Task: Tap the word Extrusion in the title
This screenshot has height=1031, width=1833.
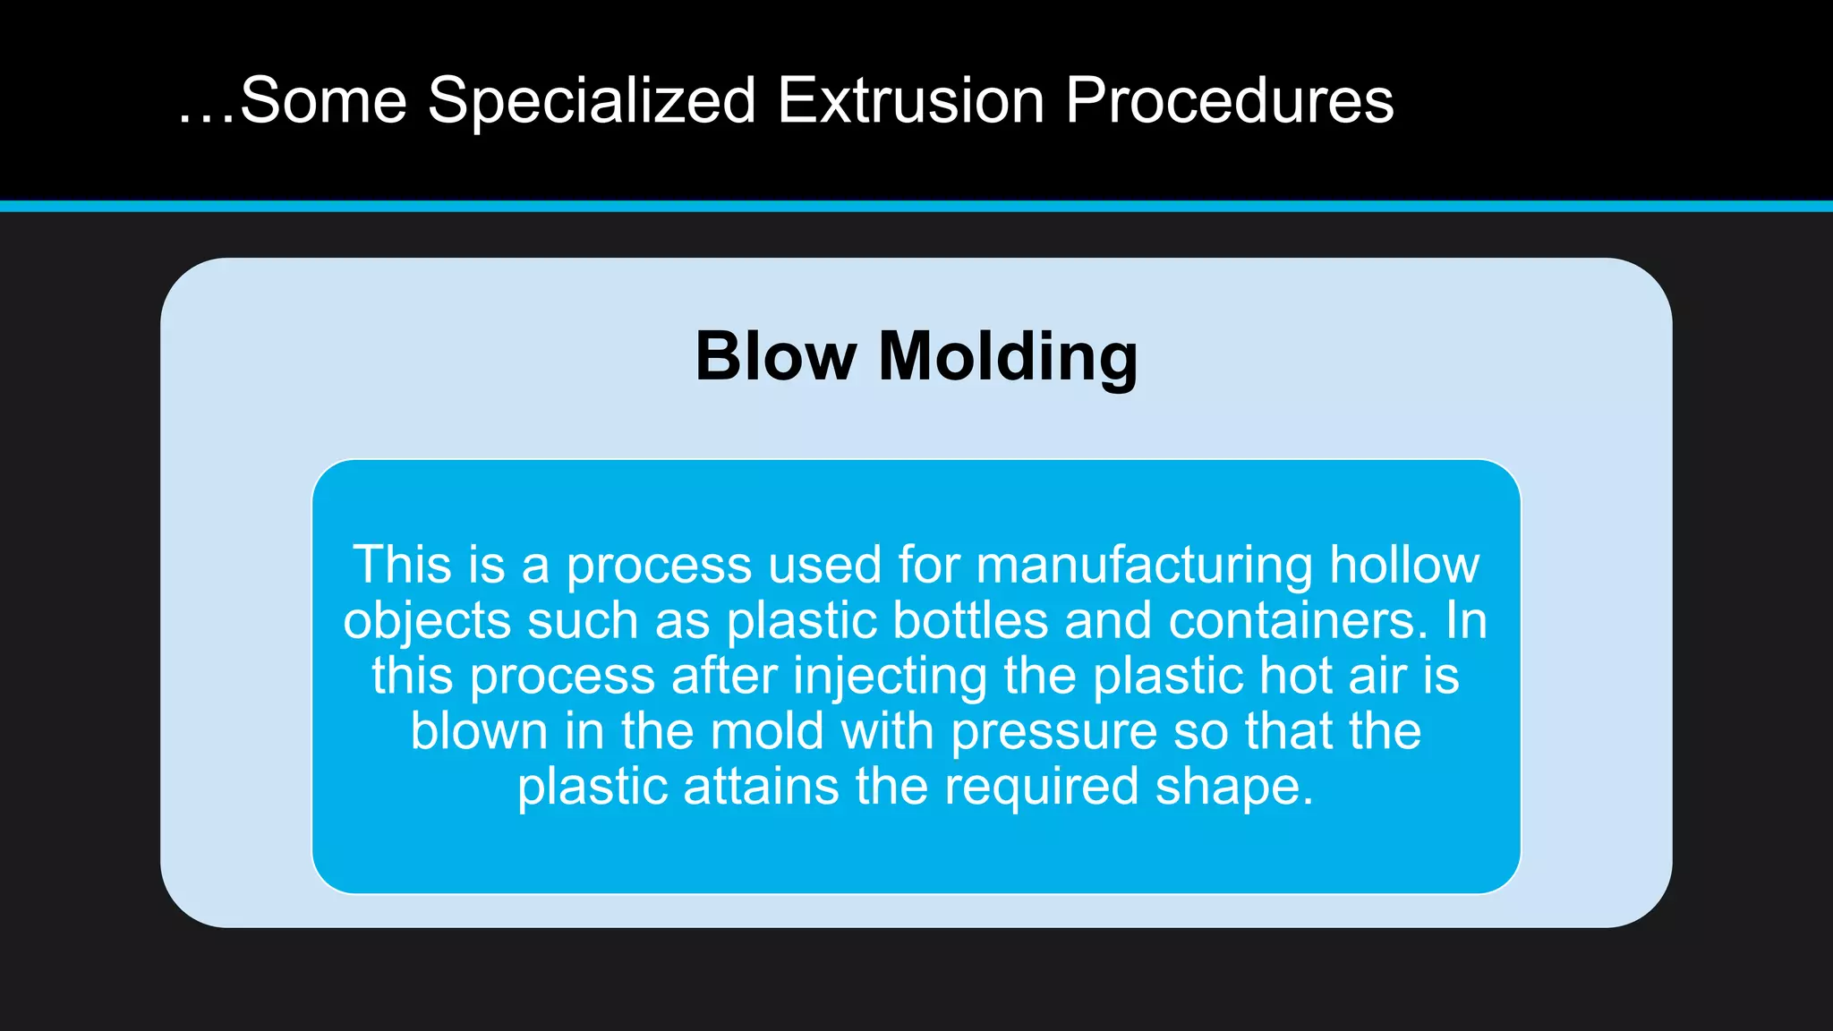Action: tap(910, 100)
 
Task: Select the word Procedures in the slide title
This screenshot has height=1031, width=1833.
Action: tap(1229, 100)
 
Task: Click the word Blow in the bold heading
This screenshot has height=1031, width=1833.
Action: tap(775, 356)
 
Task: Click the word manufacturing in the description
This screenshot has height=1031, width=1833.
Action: tap(1144, 567)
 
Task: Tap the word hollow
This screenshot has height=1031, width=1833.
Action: tap(1404, 565)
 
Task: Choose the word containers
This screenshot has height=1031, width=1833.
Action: tap(1298, 620)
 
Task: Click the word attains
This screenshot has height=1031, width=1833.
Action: tap(761, 787)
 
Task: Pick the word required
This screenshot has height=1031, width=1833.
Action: tap(1041, 788)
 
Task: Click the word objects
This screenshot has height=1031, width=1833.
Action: tap(427, 622)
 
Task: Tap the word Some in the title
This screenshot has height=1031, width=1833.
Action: tap(323, 100)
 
